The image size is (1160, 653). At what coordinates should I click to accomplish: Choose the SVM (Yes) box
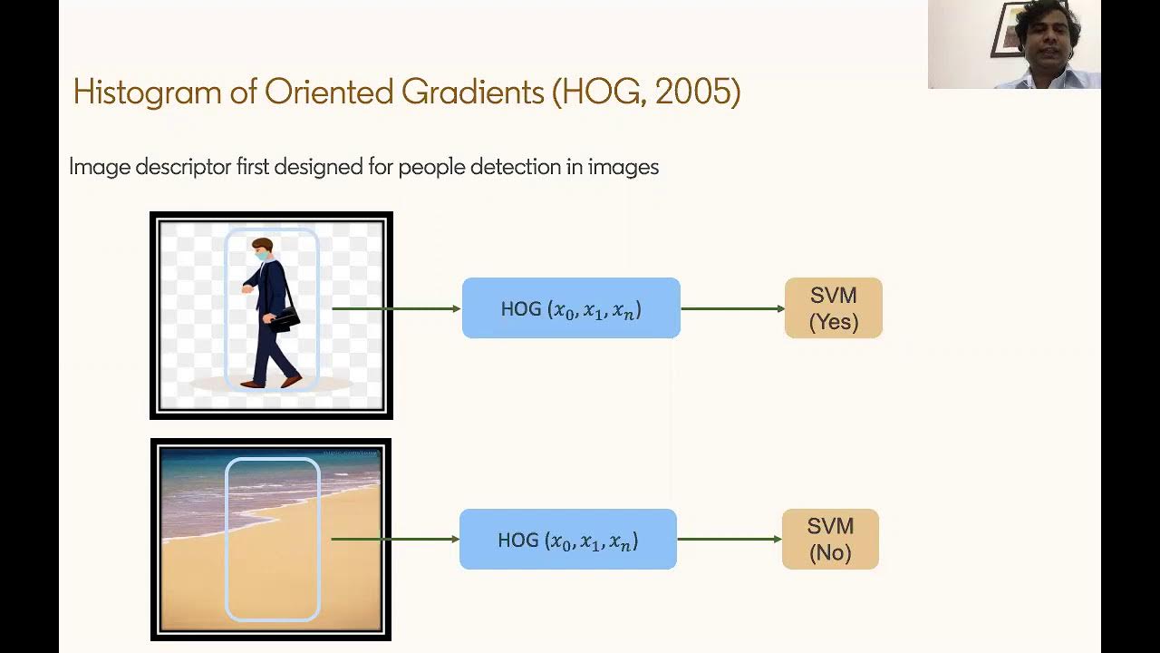point(833,308)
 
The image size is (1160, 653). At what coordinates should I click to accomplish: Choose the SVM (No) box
point(830,540)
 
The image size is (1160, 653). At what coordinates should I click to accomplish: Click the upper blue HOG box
point(571,308)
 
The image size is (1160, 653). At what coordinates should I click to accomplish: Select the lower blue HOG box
point(568,540)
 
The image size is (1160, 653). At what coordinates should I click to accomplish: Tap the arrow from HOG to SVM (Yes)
point(732,308)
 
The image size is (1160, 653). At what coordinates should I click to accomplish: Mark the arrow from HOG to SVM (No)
point(730,540)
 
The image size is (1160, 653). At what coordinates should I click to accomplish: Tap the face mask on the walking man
point(261,258)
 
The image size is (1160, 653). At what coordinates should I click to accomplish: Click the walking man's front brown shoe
point(291,381)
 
